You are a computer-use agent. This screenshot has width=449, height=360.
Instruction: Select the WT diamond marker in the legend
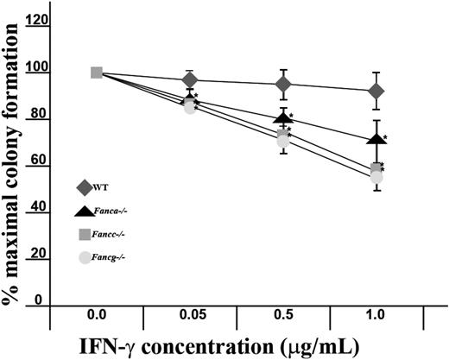83,186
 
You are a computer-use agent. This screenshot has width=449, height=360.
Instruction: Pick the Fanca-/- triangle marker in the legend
84,210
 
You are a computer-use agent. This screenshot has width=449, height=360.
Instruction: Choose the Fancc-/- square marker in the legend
84,234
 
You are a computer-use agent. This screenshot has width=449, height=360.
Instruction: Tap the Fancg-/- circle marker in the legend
84,257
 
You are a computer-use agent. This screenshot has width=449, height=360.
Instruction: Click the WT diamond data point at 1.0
376,91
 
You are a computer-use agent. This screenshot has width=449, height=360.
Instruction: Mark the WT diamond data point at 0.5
283,84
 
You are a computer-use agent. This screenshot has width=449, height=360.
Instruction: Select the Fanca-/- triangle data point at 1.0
376,138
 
